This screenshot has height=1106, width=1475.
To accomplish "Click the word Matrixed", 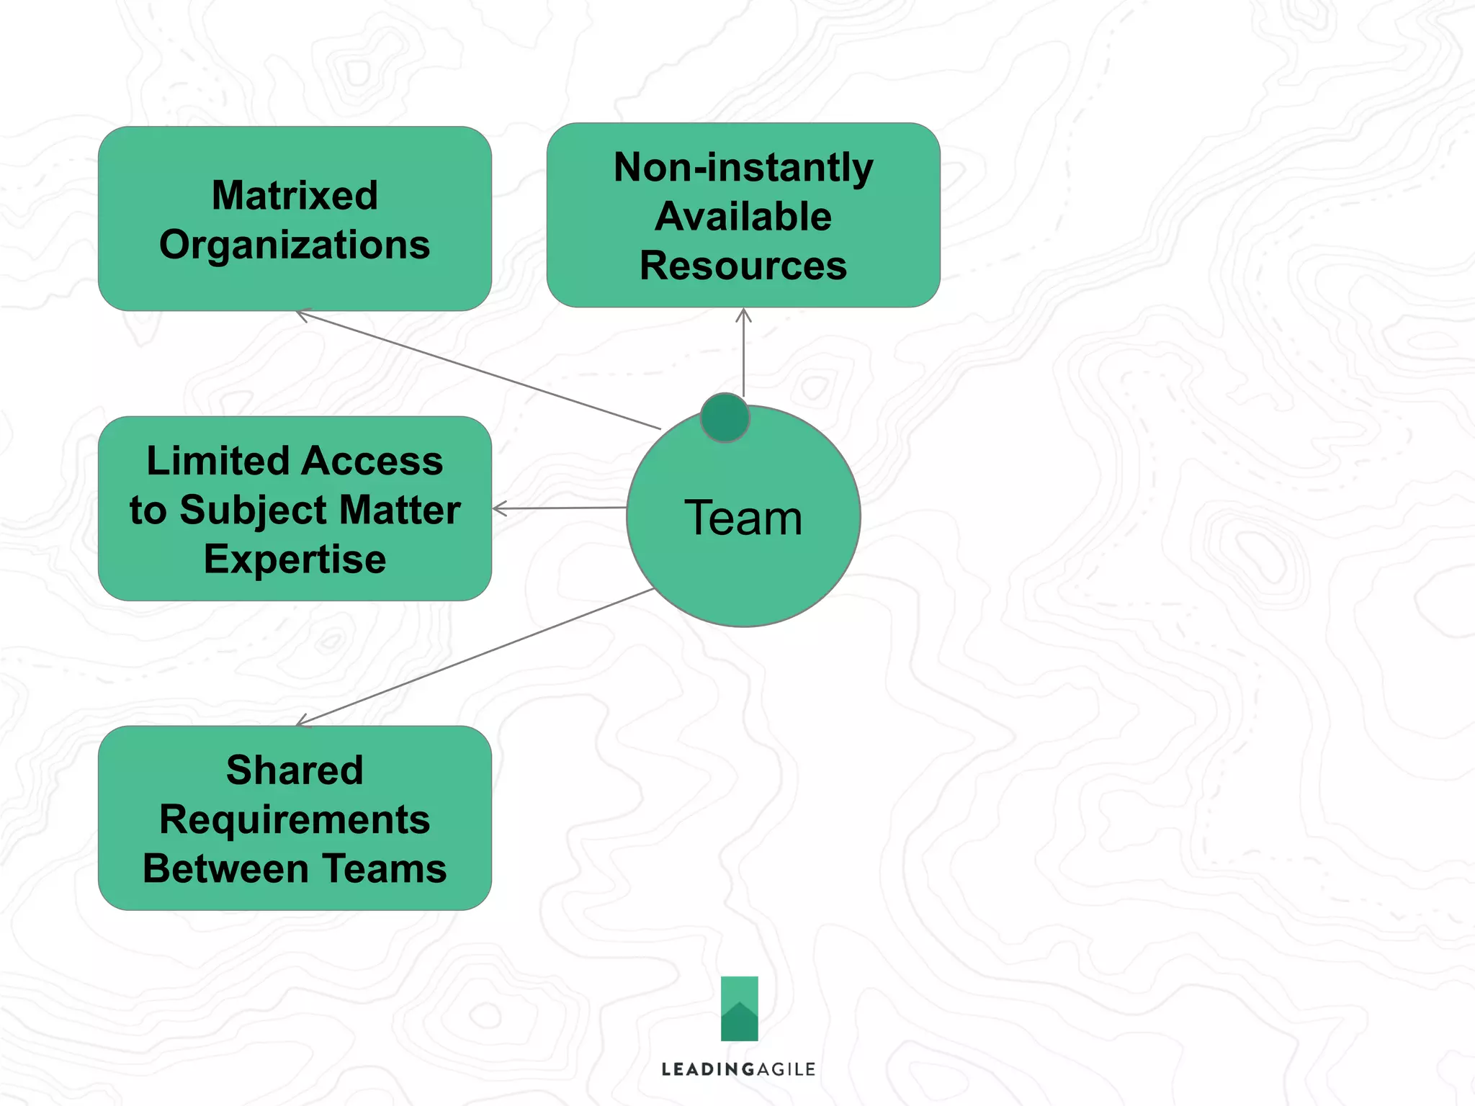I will click(295, 195).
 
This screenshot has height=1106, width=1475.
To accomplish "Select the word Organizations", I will click(295, 245).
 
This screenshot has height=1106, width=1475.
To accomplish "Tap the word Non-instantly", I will click(743, 168).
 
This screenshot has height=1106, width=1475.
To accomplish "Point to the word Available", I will click(743, 216).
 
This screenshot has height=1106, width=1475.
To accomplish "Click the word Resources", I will click(743, 265).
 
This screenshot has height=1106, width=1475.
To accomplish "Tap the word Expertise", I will click(295, 559).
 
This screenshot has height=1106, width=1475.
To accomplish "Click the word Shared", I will click(295, 770).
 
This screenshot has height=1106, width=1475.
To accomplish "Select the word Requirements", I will click(295, 819).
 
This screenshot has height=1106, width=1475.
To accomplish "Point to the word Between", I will click(225, 868).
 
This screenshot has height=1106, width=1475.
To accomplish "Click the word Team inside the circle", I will click(743, 518).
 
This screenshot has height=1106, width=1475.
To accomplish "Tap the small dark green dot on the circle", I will click(725, 418).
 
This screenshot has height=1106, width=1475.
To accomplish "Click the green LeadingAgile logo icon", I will click(740, 1008).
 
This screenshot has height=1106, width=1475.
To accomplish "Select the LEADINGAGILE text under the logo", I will click(738, 1069).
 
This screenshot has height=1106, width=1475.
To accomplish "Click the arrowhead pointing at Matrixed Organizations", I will click(300, 314).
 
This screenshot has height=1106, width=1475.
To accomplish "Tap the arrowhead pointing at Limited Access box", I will click(497, 508).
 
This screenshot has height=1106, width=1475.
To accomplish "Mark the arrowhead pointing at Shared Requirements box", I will click(301, 722).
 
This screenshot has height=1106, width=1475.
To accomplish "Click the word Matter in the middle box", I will click(400, 511).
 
